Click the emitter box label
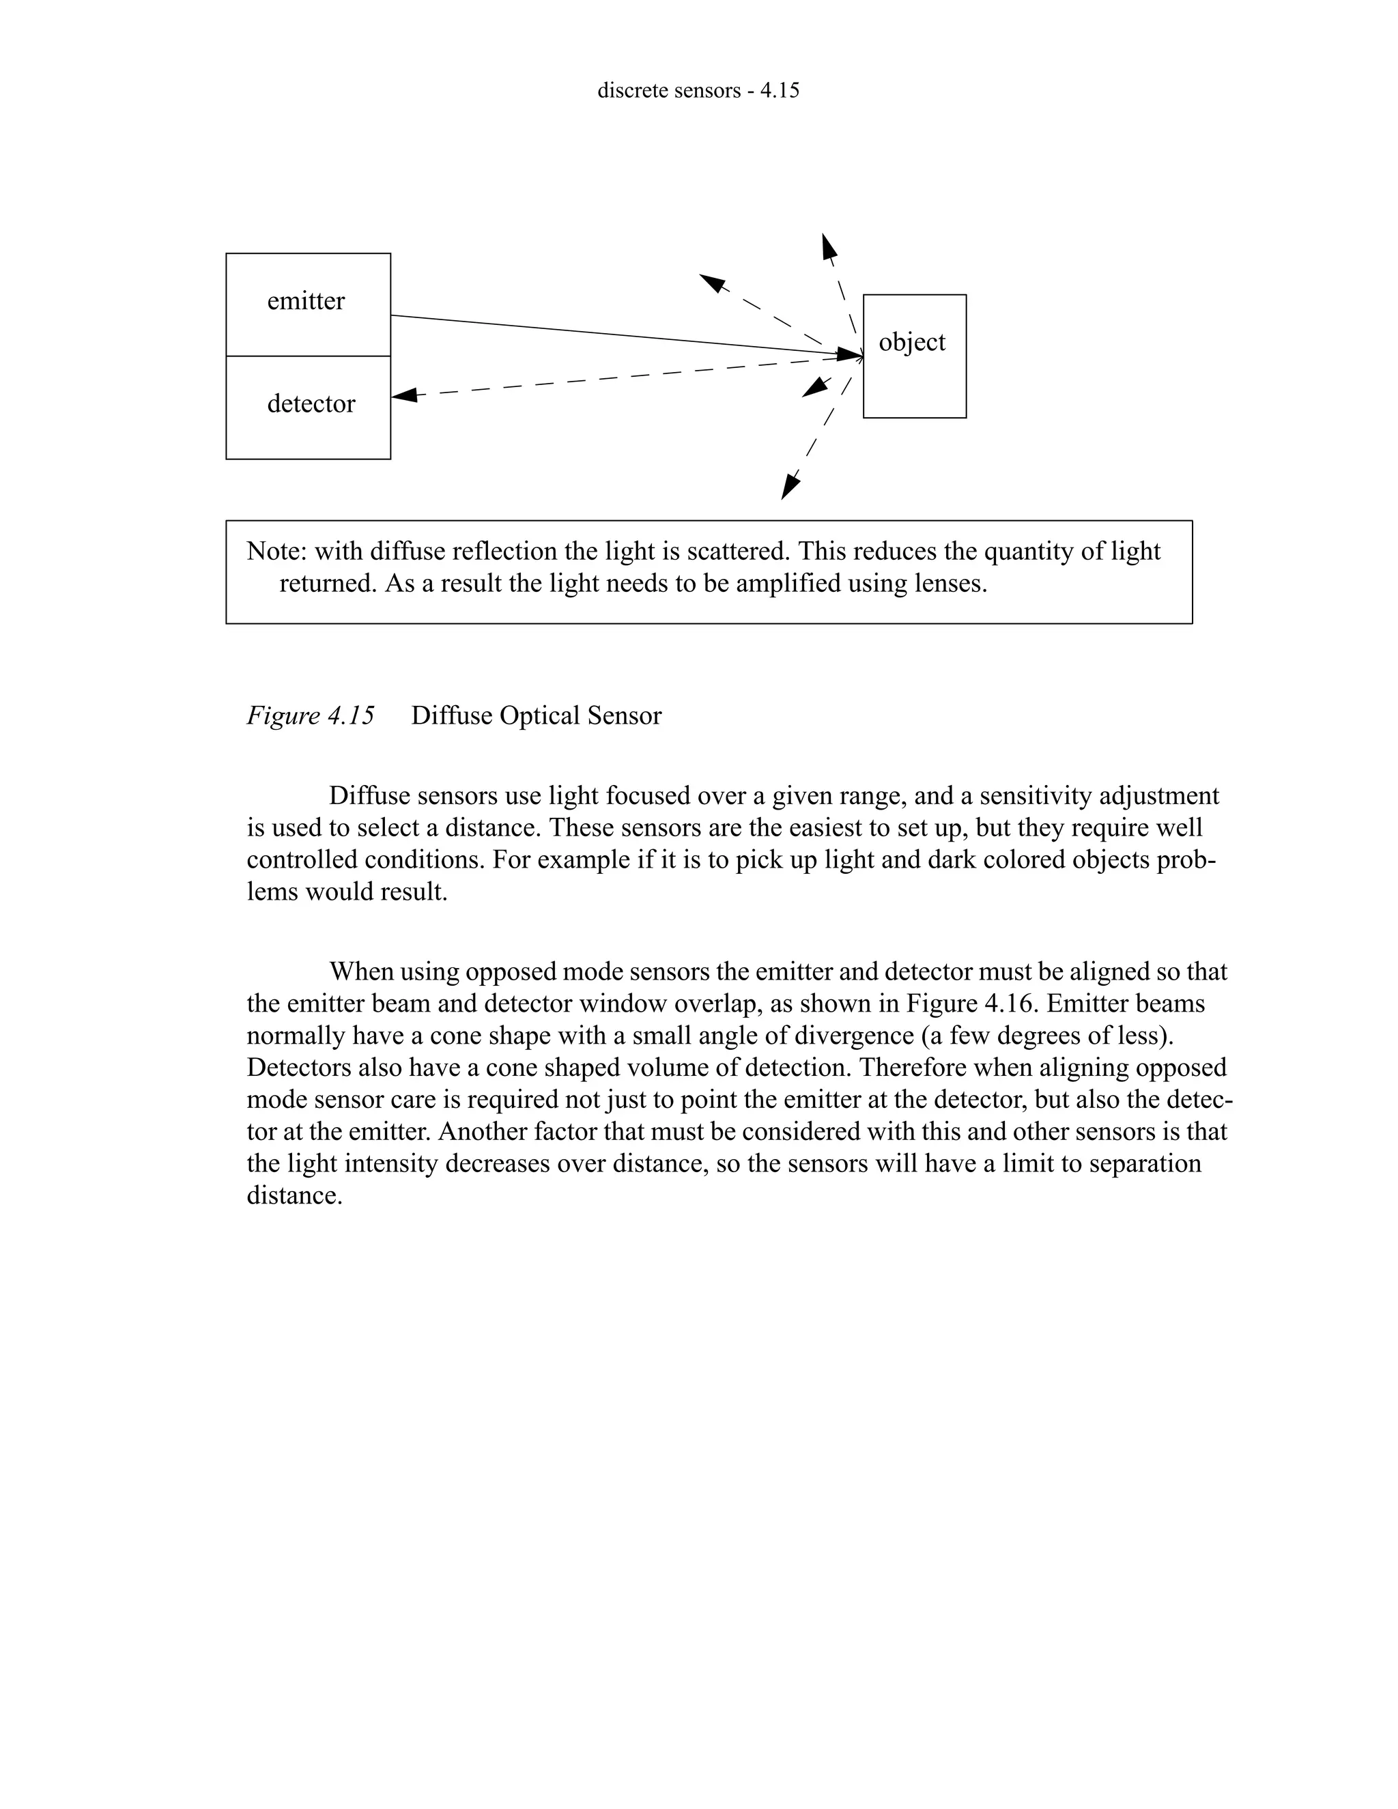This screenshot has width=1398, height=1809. (306, 300)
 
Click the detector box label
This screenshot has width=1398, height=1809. (311, 403)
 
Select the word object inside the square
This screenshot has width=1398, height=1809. (912, 341)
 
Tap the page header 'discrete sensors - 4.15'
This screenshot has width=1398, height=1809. (698, 90)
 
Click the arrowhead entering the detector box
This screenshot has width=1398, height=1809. (403, 396)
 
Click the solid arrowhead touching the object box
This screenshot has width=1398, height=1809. (850, 354)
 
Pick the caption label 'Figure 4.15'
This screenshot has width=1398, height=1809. (311, 715)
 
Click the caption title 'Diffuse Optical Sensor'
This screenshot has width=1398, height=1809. (536, 715)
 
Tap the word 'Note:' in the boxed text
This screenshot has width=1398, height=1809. (276, 552)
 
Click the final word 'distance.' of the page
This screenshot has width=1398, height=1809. (295, 1196)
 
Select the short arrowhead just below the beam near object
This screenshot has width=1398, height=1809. (816, 387)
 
